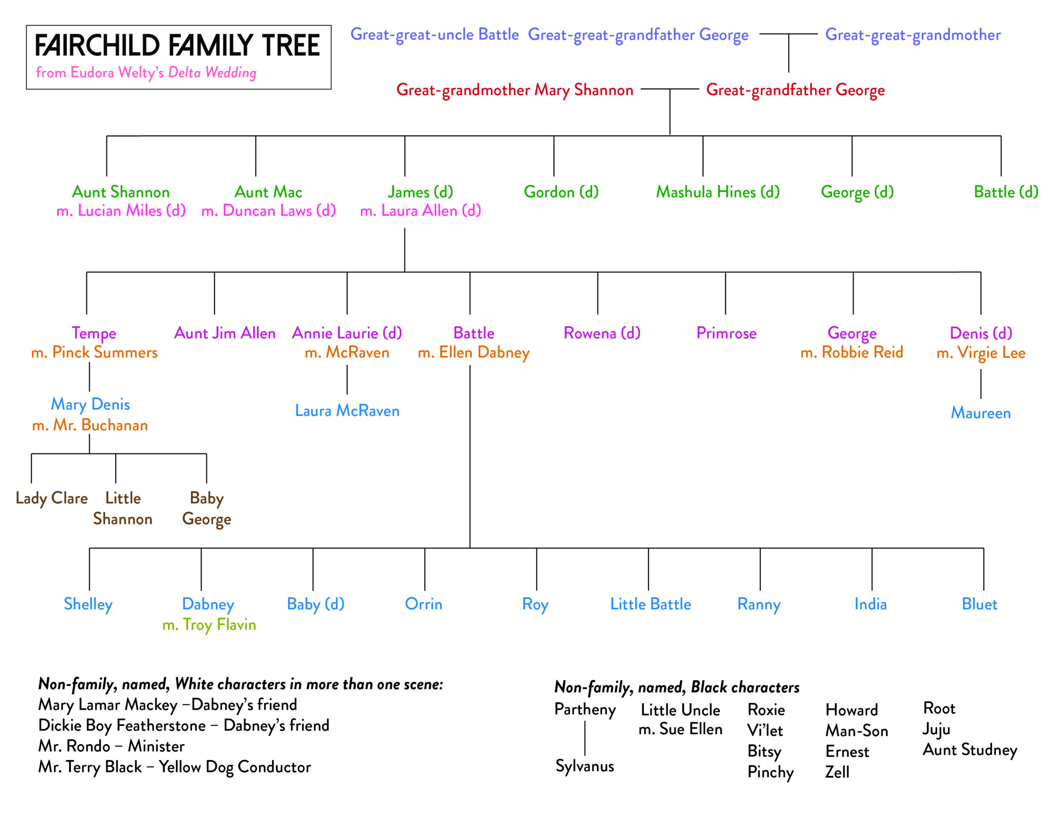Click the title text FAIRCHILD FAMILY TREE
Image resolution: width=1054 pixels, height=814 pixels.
point(177,45)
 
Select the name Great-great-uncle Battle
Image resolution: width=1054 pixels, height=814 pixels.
point(434,35)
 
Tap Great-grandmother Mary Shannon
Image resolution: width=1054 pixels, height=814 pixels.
point(515,90)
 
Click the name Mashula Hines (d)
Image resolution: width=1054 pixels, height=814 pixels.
point(718,192)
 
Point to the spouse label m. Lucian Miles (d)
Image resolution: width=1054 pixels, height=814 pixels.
point(121,211)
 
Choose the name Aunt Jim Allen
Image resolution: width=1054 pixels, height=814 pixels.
point(224,333)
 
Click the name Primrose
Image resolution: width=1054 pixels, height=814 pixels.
point(726,333)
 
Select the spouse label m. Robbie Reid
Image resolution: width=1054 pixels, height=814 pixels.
point(851,352)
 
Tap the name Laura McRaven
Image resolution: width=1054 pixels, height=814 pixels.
point(347,411)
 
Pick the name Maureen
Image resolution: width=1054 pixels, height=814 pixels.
point(980,413)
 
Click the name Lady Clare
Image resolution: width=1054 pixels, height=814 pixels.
point(51,498)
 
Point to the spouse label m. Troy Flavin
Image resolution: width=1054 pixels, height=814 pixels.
point(209,625)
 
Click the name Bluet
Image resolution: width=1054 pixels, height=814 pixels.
point(979,604)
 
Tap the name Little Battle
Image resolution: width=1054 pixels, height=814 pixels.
point(650,604)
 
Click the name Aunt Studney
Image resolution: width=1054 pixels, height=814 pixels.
point(970,750)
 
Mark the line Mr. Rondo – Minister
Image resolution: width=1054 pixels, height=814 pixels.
point(111,747)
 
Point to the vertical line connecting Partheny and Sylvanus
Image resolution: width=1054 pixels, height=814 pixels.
point(585,738)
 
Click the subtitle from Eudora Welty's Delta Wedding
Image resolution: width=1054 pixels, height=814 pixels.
point(146,73)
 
